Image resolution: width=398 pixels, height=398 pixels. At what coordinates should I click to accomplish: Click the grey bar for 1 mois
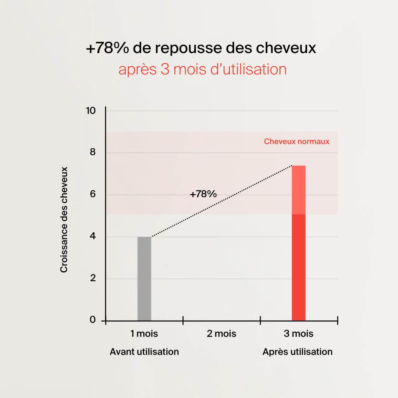tap(144, 279)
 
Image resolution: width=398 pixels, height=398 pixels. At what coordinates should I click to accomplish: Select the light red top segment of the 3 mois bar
tap(298, 190)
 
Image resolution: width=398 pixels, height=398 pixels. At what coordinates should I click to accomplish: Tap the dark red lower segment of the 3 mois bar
tap(298, 267)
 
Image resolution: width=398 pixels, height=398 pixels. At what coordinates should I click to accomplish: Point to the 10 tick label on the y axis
tap(90, 111)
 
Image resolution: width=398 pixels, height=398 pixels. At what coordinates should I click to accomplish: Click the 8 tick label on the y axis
tap(93, 152)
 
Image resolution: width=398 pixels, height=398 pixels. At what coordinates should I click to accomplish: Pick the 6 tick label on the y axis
tap(93, 194)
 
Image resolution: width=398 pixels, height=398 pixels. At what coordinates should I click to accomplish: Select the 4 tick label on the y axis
tap(93, 236)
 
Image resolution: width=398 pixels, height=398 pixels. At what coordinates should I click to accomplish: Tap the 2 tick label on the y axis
tap(93, 278)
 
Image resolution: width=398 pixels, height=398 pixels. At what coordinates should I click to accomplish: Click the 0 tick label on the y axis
tap(93, 320)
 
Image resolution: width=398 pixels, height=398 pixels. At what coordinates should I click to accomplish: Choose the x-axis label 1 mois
tap(144, 334)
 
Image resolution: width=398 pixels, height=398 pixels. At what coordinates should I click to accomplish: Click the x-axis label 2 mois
tap(221, 334)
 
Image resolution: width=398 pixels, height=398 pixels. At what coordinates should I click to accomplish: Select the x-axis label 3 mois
tap(298, 334)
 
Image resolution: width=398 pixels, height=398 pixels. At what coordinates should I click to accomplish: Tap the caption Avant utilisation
tap(144, 352)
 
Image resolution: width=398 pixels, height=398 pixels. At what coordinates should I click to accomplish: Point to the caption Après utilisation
tap(297, 352)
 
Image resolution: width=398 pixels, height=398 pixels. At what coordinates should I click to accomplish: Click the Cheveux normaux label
tap(297, 142)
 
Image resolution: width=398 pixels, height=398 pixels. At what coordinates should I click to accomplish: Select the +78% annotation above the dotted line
tap(203, 194)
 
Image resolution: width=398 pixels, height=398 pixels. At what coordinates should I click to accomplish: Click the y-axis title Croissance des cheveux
tap(64, 220)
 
